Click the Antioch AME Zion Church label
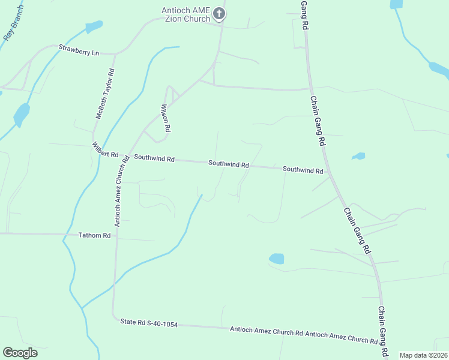185,14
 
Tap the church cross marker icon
220,14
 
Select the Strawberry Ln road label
79,50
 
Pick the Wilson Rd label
166,118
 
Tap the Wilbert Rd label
105,150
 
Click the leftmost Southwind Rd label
154,159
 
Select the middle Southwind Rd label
229,164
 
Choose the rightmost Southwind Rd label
303,170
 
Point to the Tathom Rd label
95,236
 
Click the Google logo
20,353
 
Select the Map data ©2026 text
423,355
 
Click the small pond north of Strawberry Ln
94,27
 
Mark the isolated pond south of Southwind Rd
276,259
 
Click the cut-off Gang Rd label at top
304,15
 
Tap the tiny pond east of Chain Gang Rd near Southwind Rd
358,157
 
